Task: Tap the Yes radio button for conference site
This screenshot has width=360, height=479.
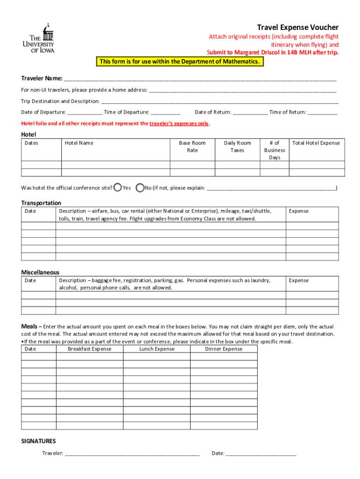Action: click(x=118, y=188)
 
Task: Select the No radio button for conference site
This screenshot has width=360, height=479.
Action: click(x=140, y=188)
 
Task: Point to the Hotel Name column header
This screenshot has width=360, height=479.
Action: click(x=79, y=143)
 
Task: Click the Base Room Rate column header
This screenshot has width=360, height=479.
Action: click(x=192, y=146)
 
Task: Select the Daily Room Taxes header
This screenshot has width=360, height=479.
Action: click(x=237, y=146)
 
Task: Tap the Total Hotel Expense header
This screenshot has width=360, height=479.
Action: click(x=316, y=143)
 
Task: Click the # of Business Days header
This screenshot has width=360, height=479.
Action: click(x=274, y=150)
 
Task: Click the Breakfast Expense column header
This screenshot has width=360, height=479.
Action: click(x=90, y=349)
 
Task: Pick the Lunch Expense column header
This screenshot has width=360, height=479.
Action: click(x=157, y=349)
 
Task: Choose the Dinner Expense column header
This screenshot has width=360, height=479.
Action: click(x=223, y=349)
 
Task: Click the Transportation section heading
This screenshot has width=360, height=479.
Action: click(x=41, y=203)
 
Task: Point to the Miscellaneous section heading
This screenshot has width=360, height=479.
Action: click(x=40, y=272)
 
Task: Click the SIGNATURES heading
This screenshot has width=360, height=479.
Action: click(x=39, y=441)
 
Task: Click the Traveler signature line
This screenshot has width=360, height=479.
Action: click(x=132, y=453)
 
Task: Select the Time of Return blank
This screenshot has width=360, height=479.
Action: click(x=323, y=112)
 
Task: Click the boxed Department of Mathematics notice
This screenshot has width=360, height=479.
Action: click(x=179, y=62)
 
